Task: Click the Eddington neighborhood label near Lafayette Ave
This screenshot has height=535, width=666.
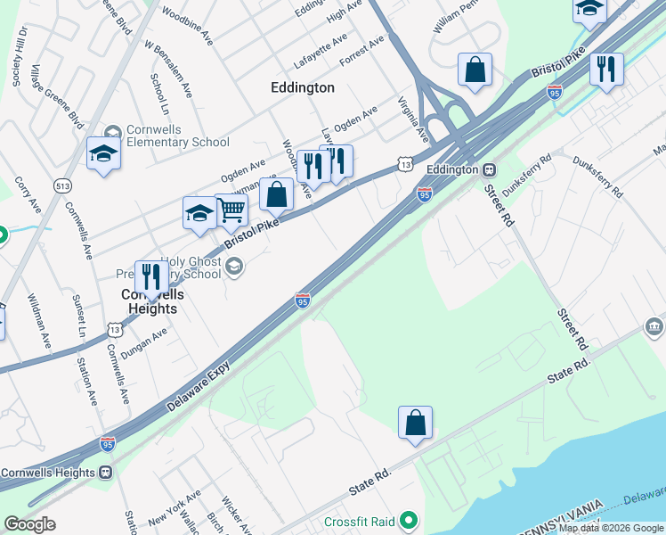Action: coord(303,87)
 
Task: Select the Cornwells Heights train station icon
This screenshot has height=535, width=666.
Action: coord(106,472)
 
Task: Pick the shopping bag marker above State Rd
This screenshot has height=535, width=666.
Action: coord(415,423)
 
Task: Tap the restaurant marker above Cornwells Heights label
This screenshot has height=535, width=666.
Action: coord(150,276)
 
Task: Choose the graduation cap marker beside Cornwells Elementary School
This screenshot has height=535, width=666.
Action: coord(103,153)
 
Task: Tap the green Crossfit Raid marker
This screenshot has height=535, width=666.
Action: coord(409,518)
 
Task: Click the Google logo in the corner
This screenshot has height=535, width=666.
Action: coord(29,524)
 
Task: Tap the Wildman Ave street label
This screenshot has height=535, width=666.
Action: coord(39,321)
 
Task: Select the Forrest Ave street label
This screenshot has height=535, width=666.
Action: coord(362,50)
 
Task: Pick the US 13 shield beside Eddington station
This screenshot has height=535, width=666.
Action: coord(405,165)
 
